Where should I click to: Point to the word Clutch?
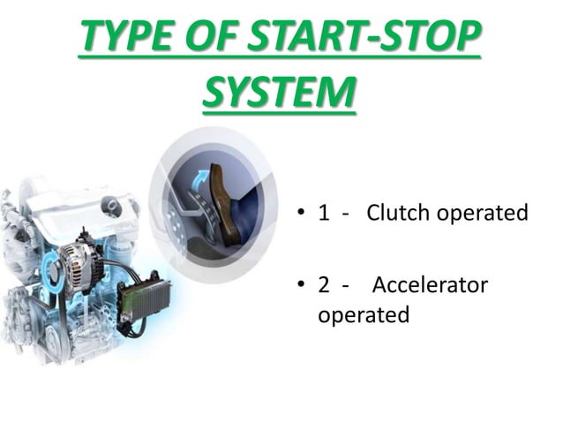click(x=395, y=213)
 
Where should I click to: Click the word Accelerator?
click(x=430, y=287)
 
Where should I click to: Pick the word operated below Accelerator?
click(x=363, y=315)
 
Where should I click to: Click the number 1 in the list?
click(x=324, y=213)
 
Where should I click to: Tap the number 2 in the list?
click(x=324, y=287)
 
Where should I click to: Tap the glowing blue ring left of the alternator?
click(x=48, y=266)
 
